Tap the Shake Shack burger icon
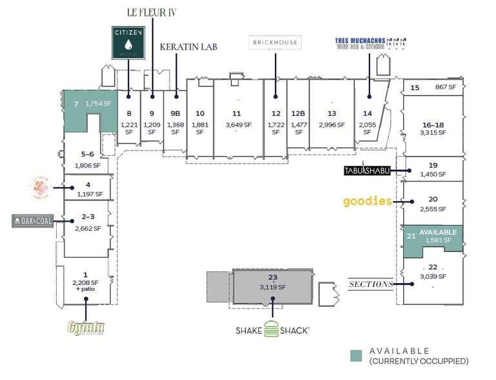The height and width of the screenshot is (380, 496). click(x=274, y=328)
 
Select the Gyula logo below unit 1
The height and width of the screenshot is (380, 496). click(x=86, y=327)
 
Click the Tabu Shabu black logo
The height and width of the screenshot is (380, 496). click(x=365, y=171)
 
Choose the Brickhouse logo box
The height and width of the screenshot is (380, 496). click(x=275, y=43)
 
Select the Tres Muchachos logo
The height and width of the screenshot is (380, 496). click(x=370, y=43)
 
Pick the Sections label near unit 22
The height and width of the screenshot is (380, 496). click(x=370, y=284)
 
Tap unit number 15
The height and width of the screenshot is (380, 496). click(x=415, y=87)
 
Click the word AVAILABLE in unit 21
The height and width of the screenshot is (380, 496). click(x=438, y=232)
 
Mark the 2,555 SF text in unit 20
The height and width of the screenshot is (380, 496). click(x=433, y=210)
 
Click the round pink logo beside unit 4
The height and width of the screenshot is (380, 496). click(x=40, y=187)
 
